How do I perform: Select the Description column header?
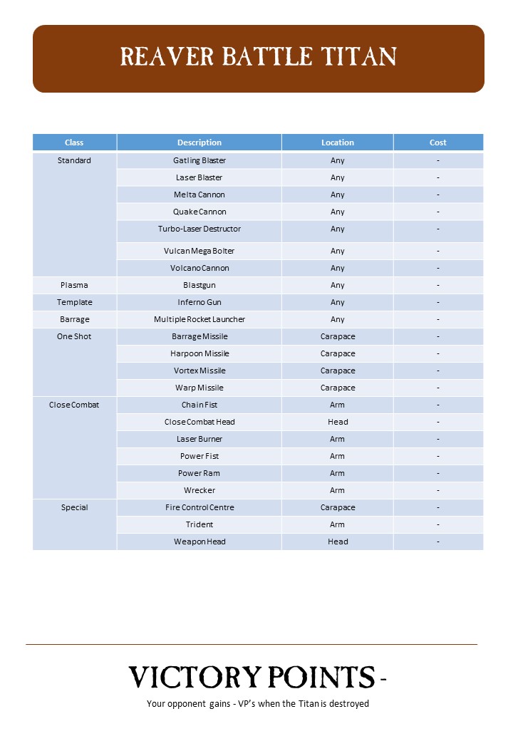click(x=199, y=142)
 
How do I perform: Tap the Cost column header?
click(x=437, y=142)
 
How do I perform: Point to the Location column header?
click(x=338, y=142)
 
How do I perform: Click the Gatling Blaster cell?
click(x=199, y=160)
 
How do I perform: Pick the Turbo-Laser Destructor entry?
click(x=199, y=229)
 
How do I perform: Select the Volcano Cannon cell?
click(x=199, y=268)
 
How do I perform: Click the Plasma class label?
click(x=74, y=285)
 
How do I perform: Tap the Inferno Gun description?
click(x=199, y=302)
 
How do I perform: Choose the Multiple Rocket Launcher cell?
click(x=199, y=319)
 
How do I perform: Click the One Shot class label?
click(x=74, y=336)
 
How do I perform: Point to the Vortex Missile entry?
click(x=199, y=370)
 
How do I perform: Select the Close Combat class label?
click(x=74, y=405)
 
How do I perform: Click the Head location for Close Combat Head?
click(x=338, y=422)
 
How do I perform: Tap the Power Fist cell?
click(x=199, y=456)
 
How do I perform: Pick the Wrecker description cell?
click(x=199, y=490)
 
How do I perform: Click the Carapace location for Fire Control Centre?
click(x=338, y=507)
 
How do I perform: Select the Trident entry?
click(x=199, y=524)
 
